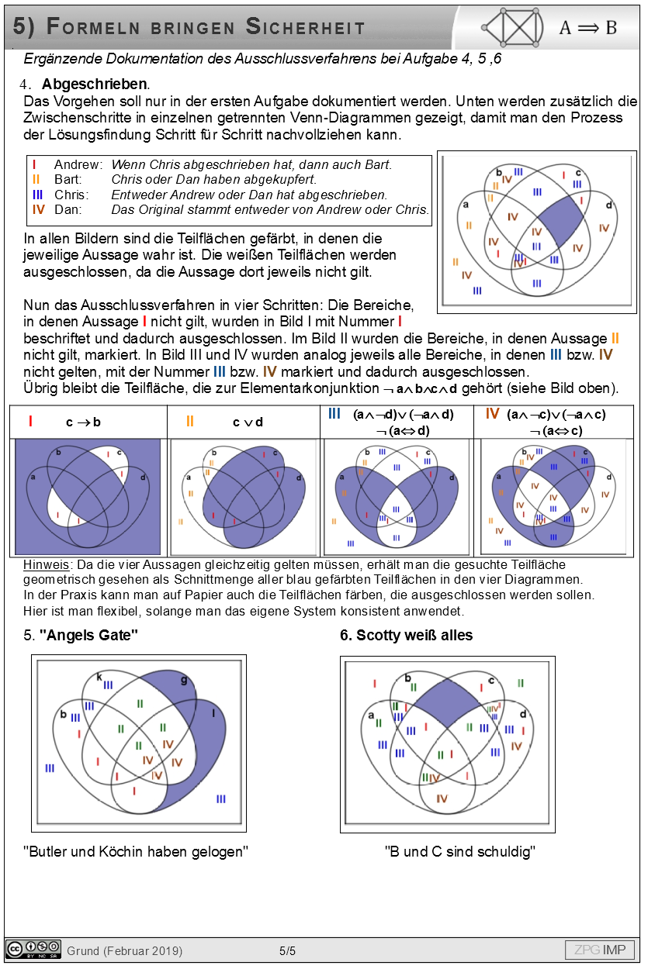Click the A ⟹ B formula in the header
tap(587, 28)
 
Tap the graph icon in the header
tap(515, 27)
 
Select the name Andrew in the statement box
tap(78, 165)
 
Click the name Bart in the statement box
tap(68, 180)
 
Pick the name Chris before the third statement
tap(71, 195)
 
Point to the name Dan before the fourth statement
tap(67, 209)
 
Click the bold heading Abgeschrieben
tap(95, 84)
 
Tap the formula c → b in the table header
tap(83, 422)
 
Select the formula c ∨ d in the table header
tap(248, 422)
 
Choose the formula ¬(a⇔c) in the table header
tap(555, 430)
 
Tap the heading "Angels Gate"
tap(88, 636)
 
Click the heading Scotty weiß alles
tap(407, 636)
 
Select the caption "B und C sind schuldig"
tap(460, 852)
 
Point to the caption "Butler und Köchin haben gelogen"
tap(136, 852)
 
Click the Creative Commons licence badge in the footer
tap(33, 950)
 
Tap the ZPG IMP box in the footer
tap(599, 950)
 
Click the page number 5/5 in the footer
tap(287, 951)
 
